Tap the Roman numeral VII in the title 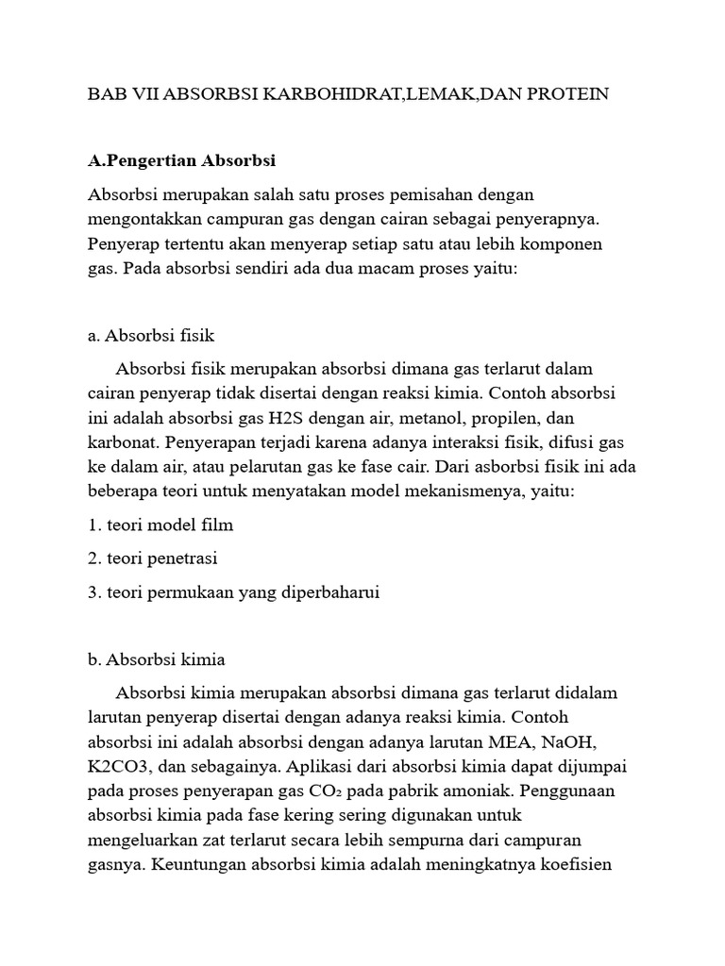coord(138,94)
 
